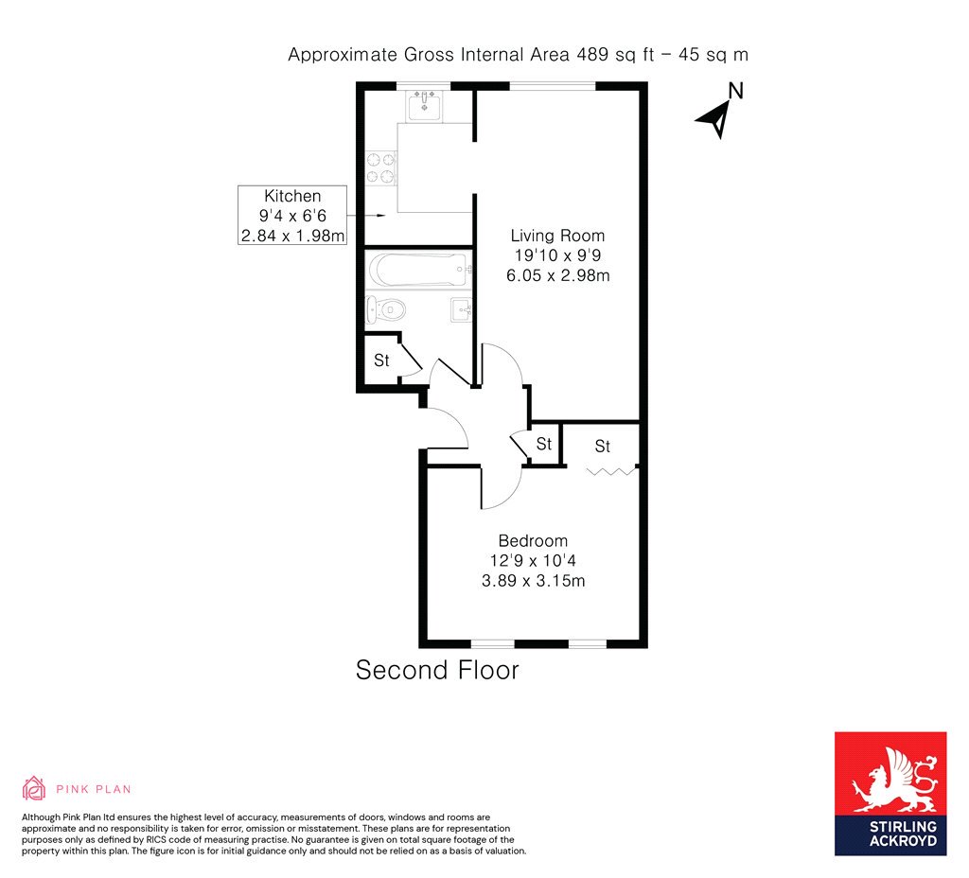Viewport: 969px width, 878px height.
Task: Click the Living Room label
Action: tap(557, 236)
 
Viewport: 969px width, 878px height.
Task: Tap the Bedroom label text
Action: tap(533, 540)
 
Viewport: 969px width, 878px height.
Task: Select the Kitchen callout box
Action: tap(292, 215)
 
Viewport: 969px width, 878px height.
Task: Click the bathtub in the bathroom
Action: tap(419, 270)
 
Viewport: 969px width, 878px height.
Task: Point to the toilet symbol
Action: tap(386, 308)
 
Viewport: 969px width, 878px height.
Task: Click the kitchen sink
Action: tap(425, 105)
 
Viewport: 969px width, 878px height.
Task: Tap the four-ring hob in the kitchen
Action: tap(380, 168)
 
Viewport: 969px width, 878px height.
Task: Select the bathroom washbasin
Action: tap(462, 309)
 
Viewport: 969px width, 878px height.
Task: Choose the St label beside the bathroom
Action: tap(381, 360)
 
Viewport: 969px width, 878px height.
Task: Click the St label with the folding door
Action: tap(603, 446)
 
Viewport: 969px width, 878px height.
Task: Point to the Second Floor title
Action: tap(437, 671)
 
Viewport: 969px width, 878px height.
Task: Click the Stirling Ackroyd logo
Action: tap(890, 794)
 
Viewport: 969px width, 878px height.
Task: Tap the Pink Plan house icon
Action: tap(34, 788)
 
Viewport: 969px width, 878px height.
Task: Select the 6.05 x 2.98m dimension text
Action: tap(558, 275)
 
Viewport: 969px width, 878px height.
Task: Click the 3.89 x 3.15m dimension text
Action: tap(534, 581)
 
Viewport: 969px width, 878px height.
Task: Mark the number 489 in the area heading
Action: tap(592, 54)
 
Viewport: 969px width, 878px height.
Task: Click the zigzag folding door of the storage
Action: tap(611, 471)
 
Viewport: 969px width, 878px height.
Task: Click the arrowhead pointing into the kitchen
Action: tap(381, 215)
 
